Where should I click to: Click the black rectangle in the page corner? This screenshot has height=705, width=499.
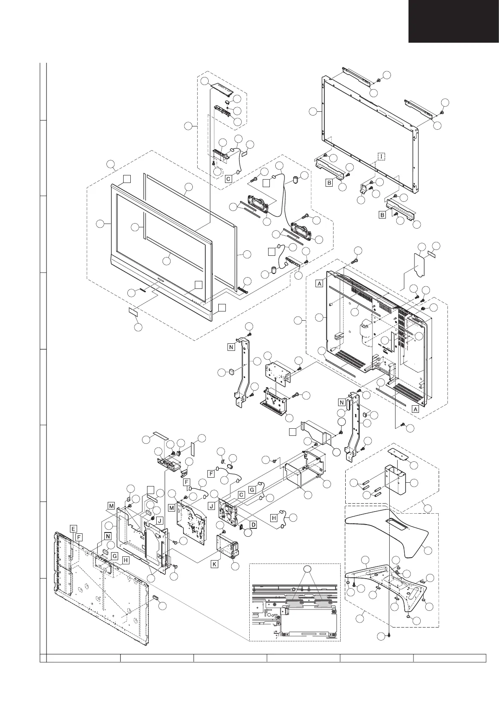[x=454, y=21]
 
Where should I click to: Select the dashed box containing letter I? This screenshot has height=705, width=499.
[x=381, y=157]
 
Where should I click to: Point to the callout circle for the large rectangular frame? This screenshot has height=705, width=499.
[x=313, y=111]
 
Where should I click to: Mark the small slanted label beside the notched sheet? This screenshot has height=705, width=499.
[x=431, y=254]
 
